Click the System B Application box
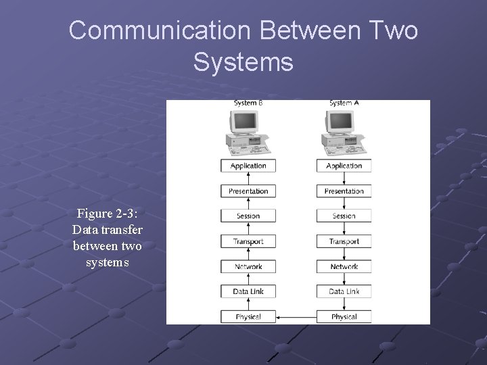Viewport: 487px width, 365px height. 248,166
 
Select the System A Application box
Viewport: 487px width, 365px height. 344,166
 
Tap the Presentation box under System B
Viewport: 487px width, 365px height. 248,191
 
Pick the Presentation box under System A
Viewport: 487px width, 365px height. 344,191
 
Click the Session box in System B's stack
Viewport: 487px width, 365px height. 248,216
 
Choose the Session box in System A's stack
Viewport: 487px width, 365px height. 344,216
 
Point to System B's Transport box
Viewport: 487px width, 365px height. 248,241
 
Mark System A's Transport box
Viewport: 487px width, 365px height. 344,241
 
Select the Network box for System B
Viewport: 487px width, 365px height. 248,266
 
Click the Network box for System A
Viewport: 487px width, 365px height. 344,266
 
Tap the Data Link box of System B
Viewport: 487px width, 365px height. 248,291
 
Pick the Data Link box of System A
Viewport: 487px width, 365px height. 344,291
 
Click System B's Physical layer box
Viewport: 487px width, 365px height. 248,316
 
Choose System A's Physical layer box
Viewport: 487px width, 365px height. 344,316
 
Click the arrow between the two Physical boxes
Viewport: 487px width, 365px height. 296,316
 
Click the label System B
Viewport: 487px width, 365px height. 248,103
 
